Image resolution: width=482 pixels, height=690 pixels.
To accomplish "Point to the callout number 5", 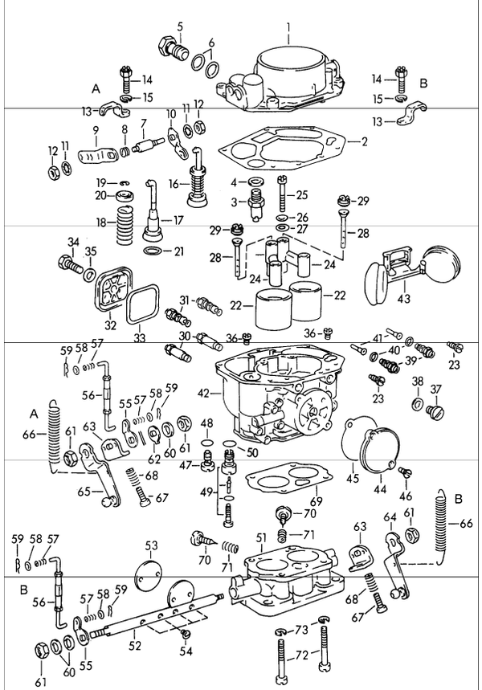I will point(180,27).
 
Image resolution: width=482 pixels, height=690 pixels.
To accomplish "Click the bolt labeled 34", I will point(67,262).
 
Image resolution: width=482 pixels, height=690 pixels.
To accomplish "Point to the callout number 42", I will point(203,393).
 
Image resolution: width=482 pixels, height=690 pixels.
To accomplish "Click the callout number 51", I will point(260,537).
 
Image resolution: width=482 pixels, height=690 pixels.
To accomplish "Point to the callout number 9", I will point(95,129).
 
